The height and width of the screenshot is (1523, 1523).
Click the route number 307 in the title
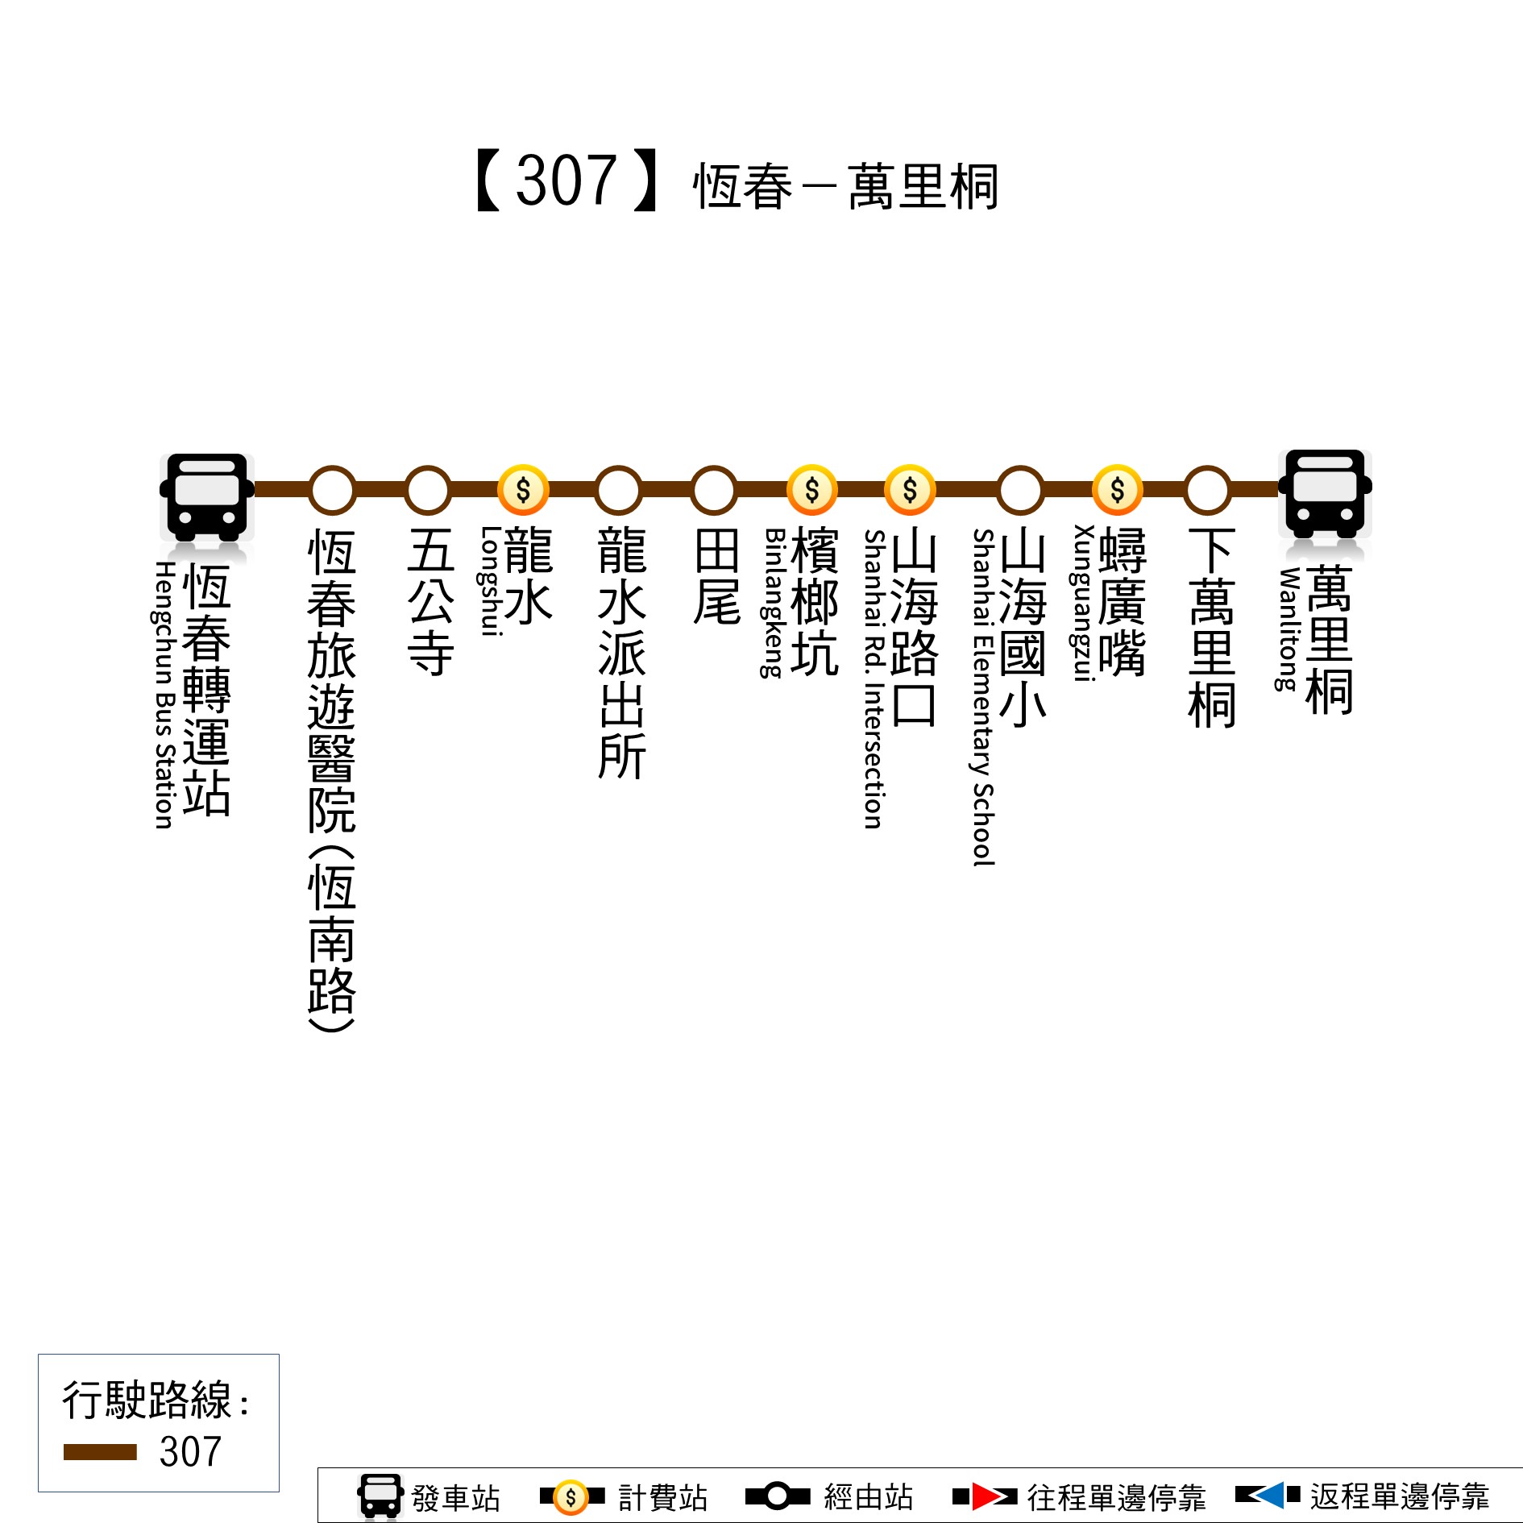click(566, 181)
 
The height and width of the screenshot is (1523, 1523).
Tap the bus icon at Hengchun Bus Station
click(207, 497)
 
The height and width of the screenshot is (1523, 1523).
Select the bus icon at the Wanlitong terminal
click(1325, 493)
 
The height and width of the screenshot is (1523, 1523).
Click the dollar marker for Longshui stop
click(523, 490)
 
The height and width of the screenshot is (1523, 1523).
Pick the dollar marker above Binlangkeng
click(812, 490)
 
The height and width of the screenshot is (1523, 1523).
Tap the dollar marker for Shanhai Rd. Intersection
click(910, 490)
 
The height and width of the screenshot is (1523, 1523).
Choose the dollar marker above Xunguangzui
click(1117, 490)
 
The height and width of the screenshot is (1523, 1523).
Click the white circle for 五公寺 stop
click(428, 490)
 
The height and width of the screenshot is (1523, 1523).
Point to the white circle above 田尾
click(714, 490)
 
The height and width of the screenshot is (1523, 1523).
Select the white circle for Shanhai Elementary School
click(1020, 490)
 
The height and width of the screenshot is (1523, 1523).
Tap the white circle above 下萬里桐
click(1207, 490)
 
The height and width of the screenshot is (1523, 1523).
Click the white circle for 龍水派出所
click(618, 490)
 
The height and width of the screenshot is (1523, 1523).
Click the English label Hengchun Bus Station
click(164, 695)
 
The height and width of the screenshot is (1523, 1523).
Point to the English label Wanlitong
click(1288, 629)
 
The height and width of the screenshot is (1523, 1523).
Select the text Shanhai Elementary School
click(983, 698)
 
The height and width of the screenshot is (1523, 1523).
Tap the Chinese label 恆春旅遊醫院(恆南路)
click(331, 780)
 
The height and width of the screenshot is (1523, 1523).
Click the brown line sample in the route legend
click(100, 1452)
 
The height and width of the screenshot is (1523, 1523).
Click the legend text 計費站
click(662, 1497)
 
